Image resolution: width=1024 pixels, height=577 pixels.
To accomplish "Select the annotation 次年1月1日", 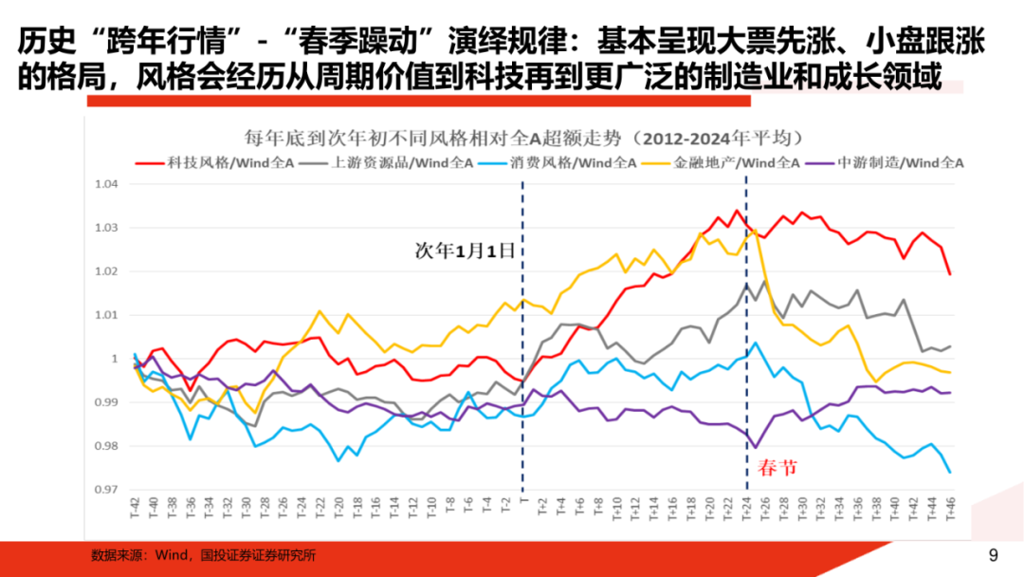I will point(466,251).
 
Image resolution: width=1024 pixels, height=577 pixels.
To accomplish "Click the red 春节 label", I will point(777,467).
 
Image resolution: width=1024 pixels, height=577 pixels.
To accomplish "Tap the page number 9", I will point(993,556).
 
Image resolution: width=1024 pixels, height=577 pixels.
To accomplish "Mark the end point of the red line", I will point(950,274).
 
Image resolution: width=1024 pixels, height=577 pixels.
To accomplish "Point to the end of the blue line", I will point(950,473).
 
